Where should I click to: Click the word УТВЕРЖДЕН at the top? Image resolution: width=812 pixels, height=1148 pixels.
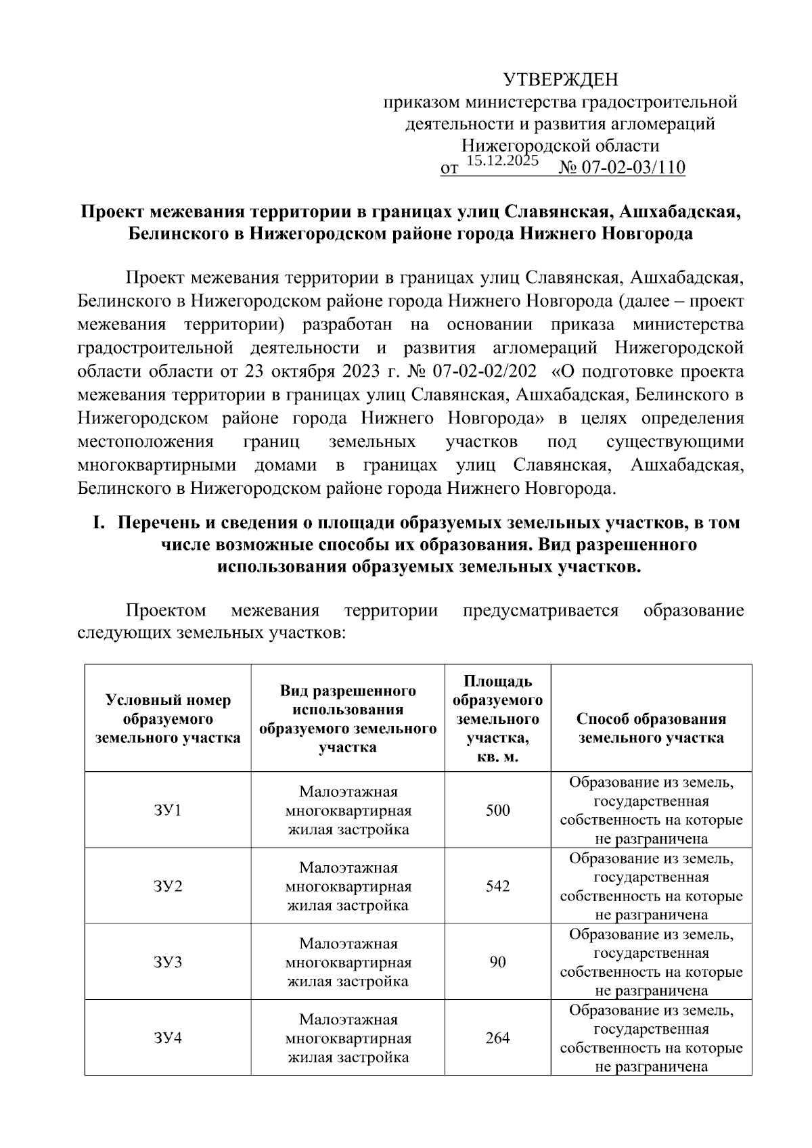coord(560,81)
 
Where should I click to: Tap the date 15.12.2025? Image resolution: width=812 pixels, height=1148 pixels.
coord(502,160)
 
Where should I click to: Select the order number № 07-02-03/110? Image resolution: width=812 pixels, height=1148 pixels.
coord(621,168)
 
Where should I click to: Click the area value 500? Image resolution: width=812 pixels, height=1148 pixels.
coord(497,810)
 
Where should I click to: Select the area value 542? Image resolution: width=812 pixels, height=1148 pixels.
coord(497,886)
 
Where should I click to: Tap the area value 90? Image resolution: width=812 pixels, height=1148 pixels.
coord(497,961)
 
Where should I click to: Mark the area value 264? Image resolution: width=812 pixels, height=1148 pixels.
coord(497,1037)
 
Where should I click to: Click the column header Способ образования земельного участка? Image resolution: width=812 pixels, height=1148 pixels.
coord(650,728)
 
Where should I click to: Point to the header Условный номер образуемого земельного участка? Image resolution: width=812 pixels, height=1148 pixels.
coord(168,718)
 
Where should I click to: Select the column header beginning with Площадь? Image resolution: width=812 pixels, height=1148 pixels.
coord(497,718)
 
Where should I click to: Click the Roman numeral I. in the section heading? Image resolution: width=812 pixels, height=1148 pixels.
coord(99,523)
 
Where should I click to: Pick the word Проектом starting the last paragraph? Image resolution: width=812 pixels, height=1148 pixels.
coord(166,611)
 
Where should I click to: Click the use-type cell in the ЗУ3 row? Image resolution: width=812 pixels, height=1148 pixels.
coord(348,961)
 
